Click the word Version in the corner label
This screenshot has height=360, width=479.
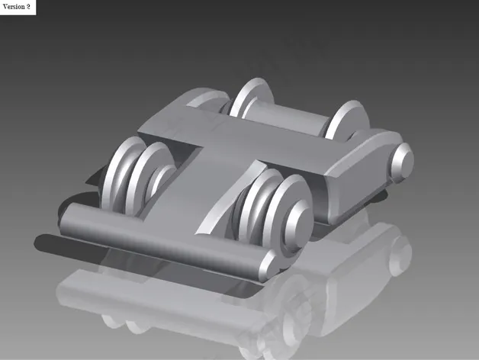(14, 7)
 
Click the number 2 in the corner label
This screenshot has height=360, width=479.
(28, 7)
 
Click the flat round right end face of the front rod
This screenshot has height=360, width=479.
(268, 266)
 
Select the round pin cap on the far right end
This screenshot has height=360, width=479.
(403, 161)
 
